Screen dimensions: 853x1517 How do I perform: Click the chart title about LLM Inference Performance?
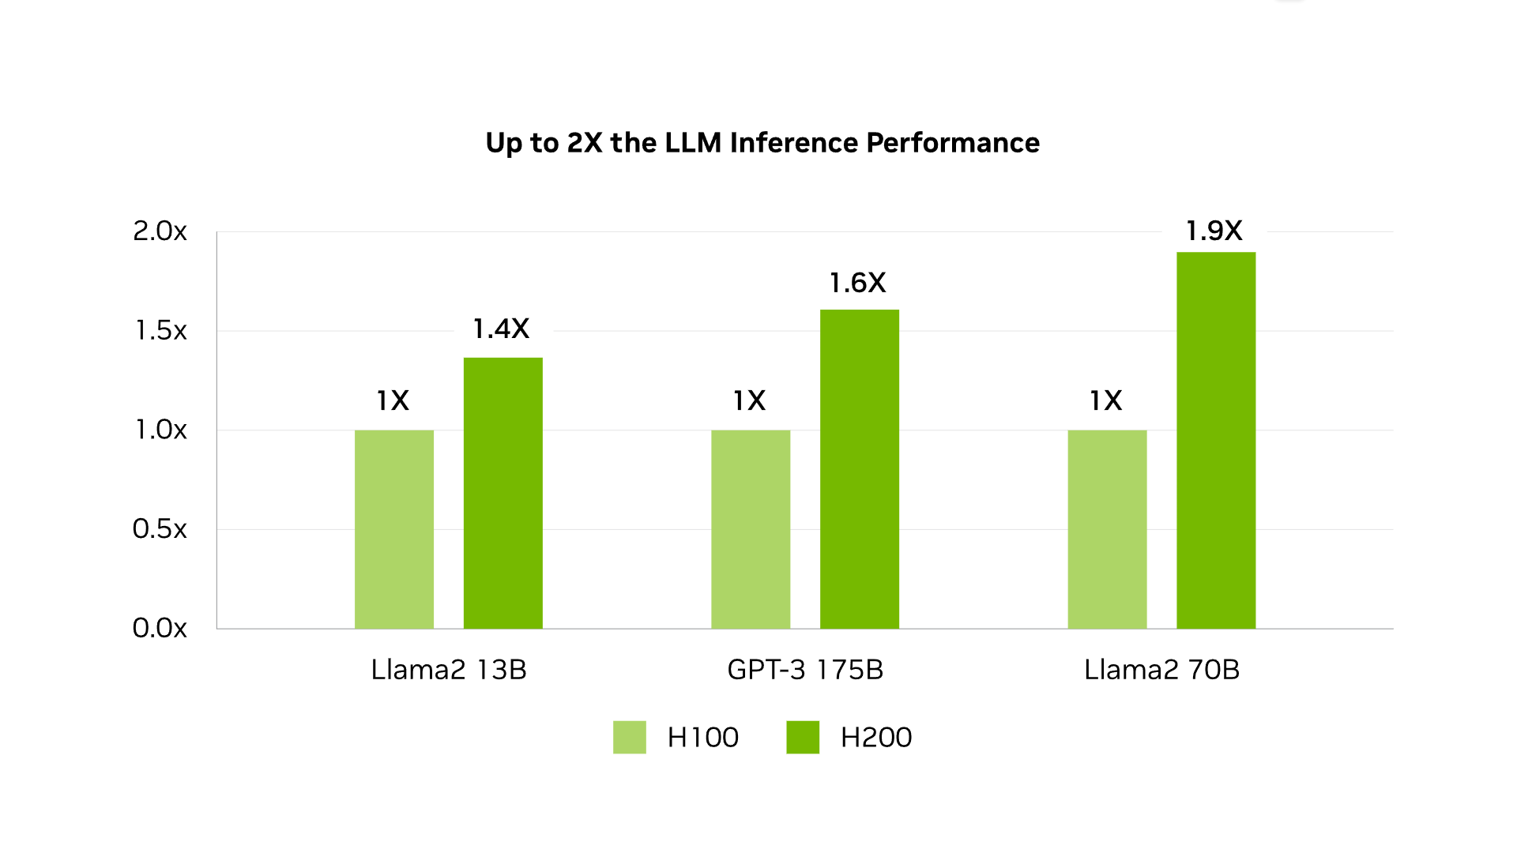[762, 143]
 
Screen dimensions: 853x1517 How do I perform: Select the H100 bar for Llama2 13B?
[393, 529]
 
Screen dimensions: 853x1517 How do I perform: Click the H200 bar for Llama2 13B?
[503, 493]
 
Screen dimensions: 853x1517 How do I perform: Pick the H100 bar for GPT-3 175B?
[750, 529]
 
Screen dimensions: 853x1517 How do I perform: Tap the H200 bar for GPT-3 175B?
[859, 469]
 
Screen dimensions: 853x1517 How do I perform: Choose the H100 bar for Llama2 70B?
[1106, 529]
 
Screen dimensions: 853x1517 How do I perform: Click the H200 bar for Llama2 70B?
[1215, 440]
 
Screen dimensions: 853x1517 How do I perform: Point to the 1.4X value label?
[501, 329]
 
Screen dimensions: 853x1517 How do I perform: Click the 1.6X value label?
[857, 283]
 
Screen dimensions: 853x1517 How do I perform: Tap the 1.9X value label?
[1214, 231]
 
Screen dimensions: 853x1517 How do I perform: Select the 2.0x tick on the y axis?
[160, 231]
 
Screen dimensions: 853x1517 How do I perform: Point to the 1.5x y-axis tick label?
[160, 330]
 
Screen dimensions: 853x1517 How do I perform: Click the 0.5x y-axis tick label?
[160, 528]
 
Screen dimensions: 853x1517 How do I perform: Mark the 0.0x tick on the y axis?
[160, 628]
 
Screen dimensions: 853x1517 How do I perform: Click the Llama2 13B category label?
[449, 670]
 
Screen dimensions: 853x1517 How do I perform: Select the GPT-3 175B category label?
[805, 670]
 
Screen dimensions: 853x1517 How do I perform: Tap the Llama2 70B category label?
[1161, 670]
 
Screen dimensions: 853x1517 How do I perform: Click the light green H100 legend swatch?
[629, 737]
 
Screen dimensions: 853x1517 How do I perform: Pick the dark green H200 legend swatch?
[802, 737]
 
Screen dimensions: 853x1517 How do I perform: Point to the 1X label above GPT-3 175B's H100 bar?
[749, 400]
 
